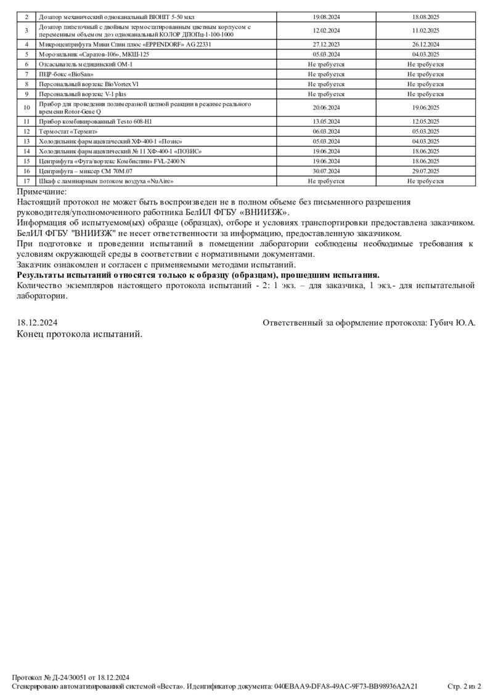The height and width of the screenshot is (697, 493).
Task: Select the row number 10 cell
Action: point(26,108)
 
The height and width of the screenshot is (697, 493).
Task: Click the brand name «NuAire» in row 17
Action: point(160,182)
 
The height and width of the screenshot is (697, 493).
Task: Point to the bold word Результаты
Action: point(44,275)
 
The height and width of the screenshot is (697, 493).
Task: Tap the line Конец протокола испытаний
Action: point(80,334)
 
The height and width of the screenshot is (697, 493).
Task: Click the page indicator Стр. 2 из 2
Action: point(463,686)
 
